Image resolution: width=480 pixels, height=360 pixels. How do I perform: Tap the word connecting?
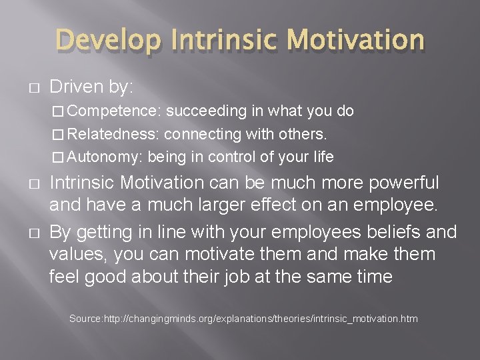tap(202, 134)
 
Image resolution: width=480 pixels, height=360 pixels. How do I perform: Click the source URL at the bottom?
tap(260, 319)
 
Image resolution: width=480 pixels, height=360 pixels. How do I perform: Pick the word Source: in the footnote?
tap(85, 319)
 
